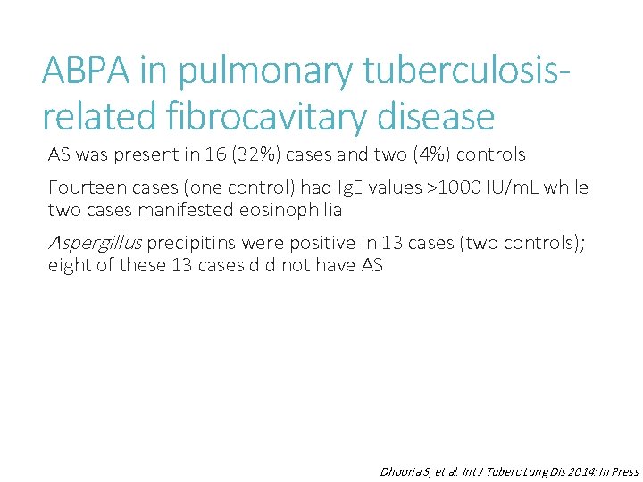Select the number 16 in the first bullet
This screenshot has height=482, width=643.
[x=215, y=155]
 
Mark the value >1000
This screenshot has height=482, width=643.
[x=434, y=188]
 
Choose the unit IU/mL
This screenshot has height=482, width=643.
[x=506, y=188]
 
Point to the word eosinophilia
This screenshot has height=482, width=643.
[x=288, y=210]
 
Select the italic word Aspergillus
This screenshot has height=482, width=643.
[x=95, y=244]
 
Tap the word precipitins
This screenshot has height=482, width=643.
[x=187, y=244]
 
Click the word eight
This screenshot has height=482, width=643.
[x=68, y=265]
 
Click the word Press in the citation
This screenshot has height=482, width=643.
[x=622, y=471]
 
